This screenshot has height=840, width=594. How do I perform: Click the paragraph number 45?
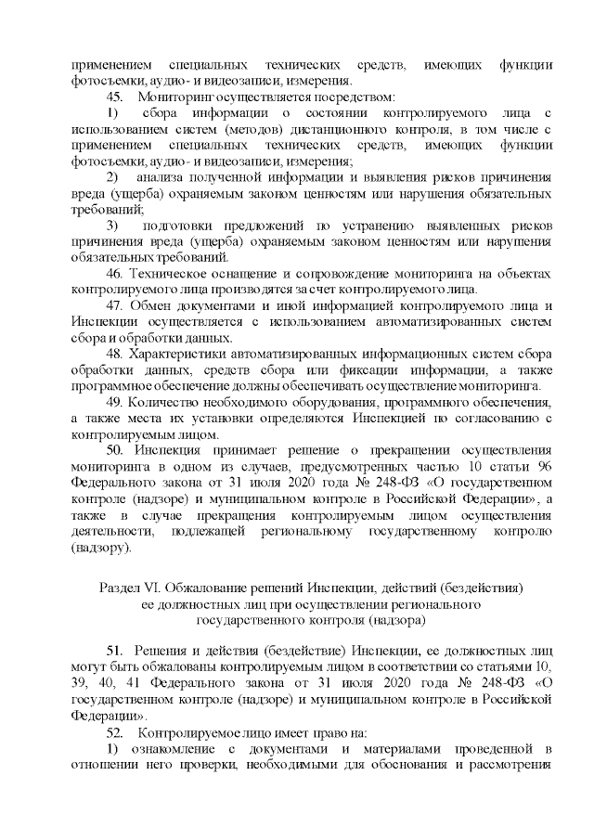pyautogui.click(x=116, y=96)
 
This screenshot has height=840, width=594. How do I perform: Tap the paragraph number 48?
pyautogui.click(x=116, y=354)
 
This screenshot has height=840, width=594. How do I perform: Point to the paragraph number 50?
pyautogui.click(x=116, y=450)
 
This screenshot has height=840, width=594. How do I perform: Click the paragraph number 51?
pyautogui.click(x=116, y=652)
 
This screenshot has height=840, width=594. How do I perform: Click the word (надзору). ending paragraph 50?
pyautogui.click(x=102, y=547)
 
